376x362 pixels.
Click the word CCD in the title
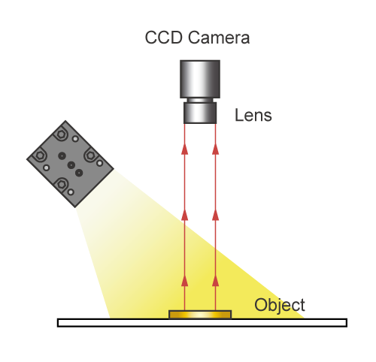pos(163,38)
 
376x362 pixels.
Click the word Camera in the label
pos(219,38)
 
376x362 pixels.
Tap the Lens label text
pos(253,115)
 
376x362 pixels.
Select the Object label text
pos(280,306)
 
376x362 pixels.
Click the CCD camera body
pos(200,79)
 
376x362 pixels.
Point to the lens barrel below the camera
pos(200,113)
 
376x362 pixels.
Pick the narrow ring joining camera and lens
pos(200,100)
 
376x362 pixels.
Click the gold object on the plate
pos(200,315)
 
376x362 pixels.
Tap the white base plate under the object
pos(202,323)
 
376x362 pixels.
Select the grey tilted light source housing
pos(70,164)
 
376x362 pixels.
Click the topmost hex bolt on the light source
pos(61,134)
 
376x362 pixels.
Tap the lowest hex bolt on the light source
pos(62,185)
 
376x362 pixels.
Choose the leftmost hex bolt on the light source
pos(40,155)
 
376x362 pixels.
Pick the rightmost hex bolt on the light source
pos(90,155)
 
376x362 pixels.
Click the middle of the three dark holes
pos(71,165)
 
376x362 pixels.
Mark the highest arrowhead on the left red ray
pos(185,149)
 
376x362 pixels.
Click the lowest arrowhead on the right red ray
pos(216,281)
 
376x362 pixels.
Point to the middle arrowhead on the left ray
pos(185,215)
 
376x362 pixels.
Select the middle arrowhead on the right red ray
pos(216,215)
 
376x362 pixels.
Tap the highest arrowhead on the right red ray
pos(216,149)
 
